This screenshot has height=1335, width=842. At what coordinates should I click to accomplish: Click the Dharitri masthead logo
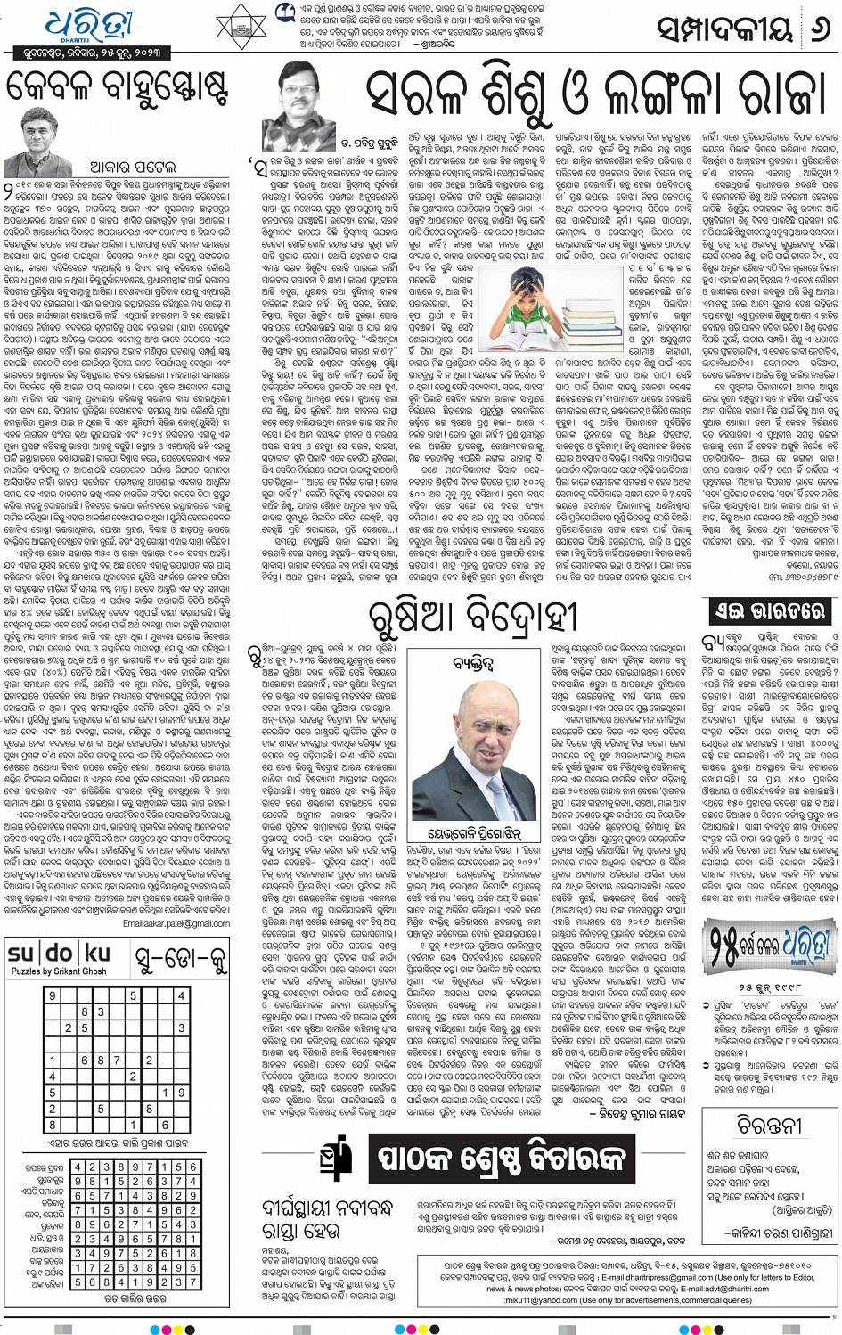[x=89, y=27]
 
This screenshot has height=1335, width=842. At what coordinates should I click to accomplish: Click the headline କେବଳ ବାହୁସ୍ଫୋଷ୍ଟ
[x=118, y=88]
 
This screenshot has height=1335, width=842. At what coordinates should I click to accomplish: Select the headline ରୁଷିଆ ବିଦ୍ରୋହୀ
[x=473, y=617]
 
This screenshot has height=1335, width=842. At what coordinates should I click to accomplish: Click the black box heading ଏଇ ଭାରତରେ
[x=769, y=611]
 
